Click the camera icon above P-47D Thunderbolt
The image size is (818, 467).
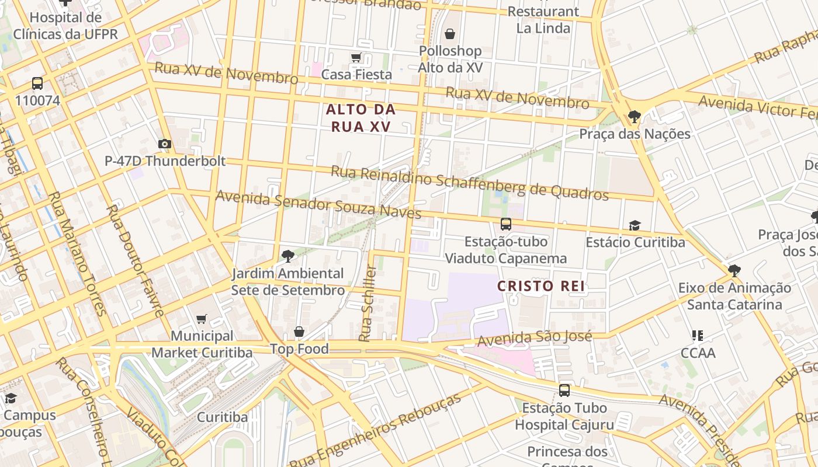coord(165,144)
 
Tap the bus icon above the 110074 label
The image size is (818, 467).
coord(37,83)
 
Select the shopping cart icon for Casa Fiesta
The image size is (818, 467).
coord(356,57)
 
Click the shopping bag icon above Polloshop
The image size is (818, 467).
coord(450,34)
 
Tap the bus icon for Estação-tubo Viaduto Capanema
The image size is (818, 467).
coord(506,224)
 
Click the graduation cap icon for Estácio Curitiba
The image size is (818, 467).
coord(635,225)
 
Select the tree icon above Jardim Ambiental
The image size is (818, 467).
coord(287,256)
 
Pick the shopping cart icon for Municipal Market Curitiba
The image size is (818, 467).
coord(202,319)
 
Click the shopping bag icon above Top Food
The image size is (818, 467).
coord(299,332)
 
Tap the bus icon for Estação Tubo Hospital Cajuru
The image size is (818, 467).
coord(564,390)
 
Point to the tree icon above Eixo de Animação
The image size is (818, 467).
coord(734,270)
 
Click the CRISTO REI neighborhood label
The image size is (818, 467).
coord(541,286)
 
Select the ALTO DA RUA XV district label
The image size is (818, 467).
coord(361,118)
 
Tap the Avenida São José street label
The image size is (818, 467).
coord(535,338)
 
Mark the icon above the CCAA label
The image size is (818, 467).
coord(698,335)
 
